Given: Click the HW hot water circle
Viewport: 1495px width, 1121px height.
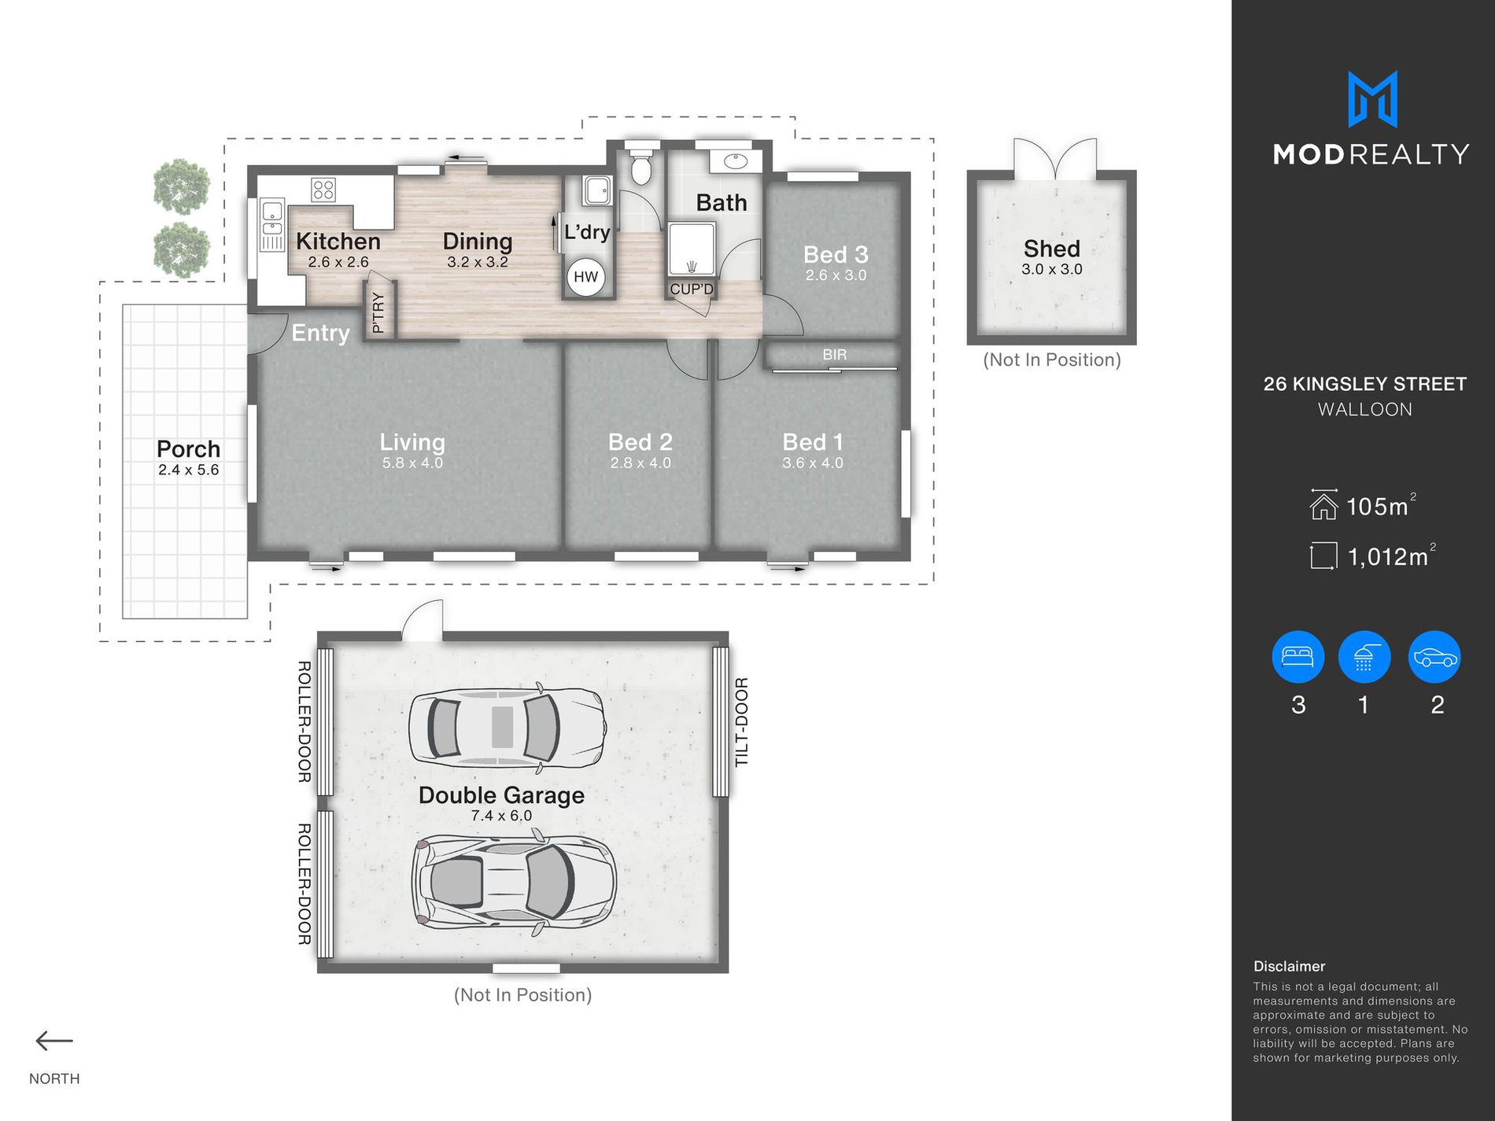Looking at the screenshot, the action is (585, 277).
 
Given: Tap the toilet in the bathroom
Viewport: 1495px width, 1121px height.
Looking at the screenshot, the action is (641, 162).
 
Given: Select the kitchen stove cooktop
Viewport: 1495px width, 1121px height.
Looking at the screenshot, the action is (323, 190).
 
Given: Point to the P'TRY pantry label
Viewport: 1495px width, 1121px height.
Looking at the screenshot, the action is (378, 312).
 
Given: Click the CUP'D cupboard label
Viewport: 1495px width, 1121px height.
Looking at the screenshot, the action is (692, 289).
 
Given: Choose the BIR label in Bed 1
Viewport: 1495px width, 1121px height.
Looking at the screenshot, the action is (835, 355).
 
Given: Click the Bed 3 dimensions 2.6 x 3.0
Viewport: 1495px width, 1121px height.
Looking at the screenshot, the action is (836, 275).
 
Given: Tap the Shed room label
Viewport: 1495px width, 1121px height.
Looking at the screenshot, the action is (1052, 249).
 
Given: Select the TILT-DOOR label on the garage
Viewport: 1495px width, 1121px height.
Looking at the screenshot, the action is (741, 722).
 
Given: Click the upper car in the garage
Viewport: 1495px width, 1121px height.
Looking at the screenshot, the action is (508, 725).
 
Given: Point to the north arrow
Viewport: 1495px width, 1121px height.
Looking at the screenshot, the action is (54, 1041).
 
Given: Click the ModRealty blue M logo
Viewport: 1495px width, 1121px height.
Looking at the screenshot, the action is (1372, 99).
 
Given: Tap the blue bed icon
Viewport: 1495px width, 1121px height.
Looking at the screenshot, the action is (1298, 657).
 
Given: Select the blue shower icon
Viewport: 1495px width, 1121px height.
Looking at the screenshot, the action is (1364, 657).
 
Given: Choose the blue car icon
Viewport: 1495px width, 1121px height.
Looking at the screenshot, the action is (1435, 657).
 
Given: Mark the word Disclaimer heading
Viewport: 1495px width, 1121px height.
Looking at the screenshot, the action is (1289, 966).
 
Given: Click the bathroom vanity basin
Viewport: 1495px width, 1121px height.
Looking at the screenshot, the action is (736, 161).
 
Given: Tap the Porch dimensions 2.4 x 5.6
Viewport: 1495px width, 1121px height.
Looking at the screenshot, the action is (188, 470).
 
